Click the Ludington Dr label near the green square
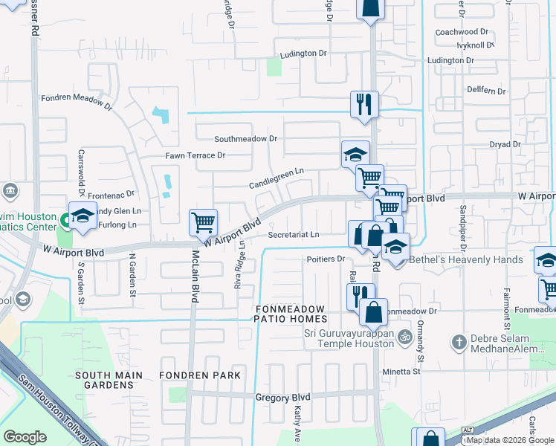[x=303, y=54]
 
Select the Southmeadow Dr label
[x=245, y=139]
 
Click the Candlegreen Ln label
[x=277, y=171]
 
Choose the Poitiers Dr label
[x=326, y=259]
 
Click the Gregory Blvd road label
[x=282, y=398]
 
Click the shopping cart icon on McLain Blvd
[x=203, y=222]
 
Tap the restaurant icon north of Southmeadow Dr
[x=364, y=104]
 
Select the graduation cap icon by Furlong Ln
[x=83, y=216]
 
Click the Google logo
[x=25, y=437]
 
